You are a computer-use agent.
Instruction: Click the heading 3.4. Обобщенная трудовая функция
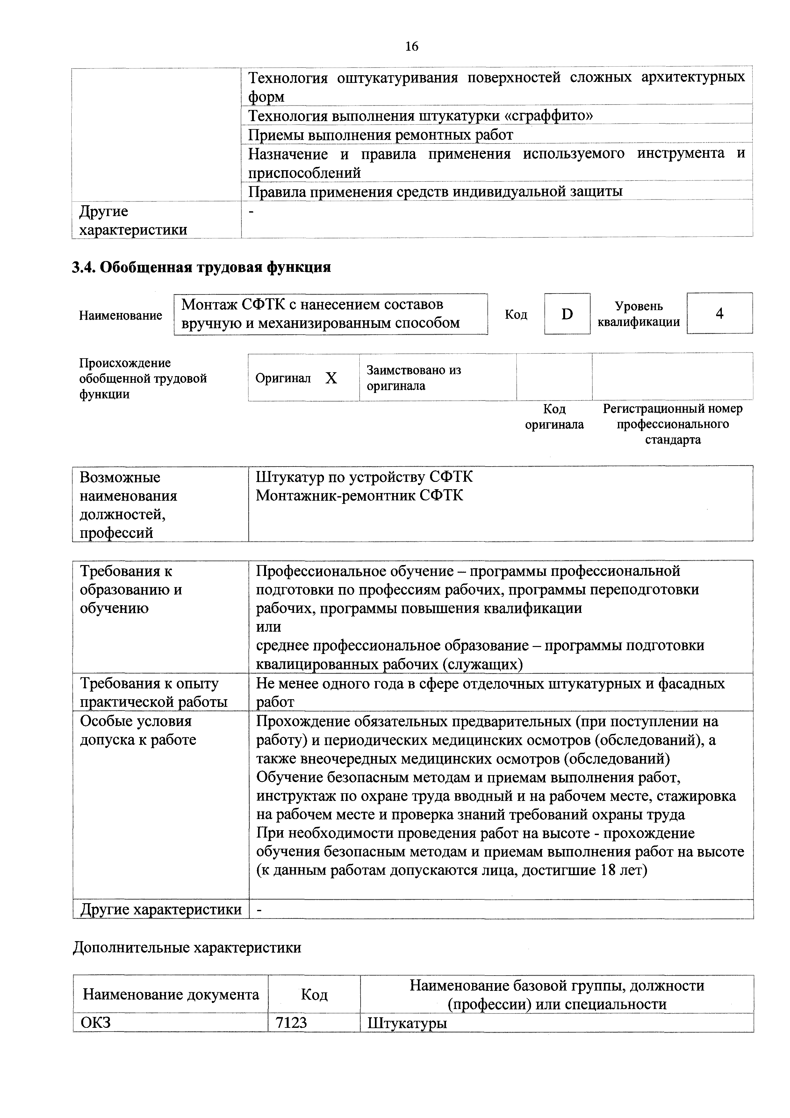[x=201, y=267]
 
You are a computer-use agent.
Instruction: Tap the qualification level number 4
[x=719, y=314]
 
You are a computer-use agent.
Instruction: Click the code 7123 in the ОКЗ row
[x=291, y=1023]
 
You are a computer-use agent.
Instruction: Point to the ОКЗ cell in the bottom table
[x=96, y=1023]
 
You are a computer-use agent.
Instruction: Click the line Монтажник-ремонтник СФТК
[x=359, y=496]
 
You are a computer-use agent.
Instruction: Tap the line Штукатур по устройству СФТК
[x=364, y=477]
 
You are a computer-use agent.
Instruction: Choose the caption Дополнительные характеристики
[x=187, y=947]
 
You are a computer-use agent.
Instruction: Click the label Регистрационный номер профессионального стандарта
[x=673, y=424]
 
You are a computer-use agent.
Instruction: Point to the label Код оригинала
[x=554, y=417]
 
